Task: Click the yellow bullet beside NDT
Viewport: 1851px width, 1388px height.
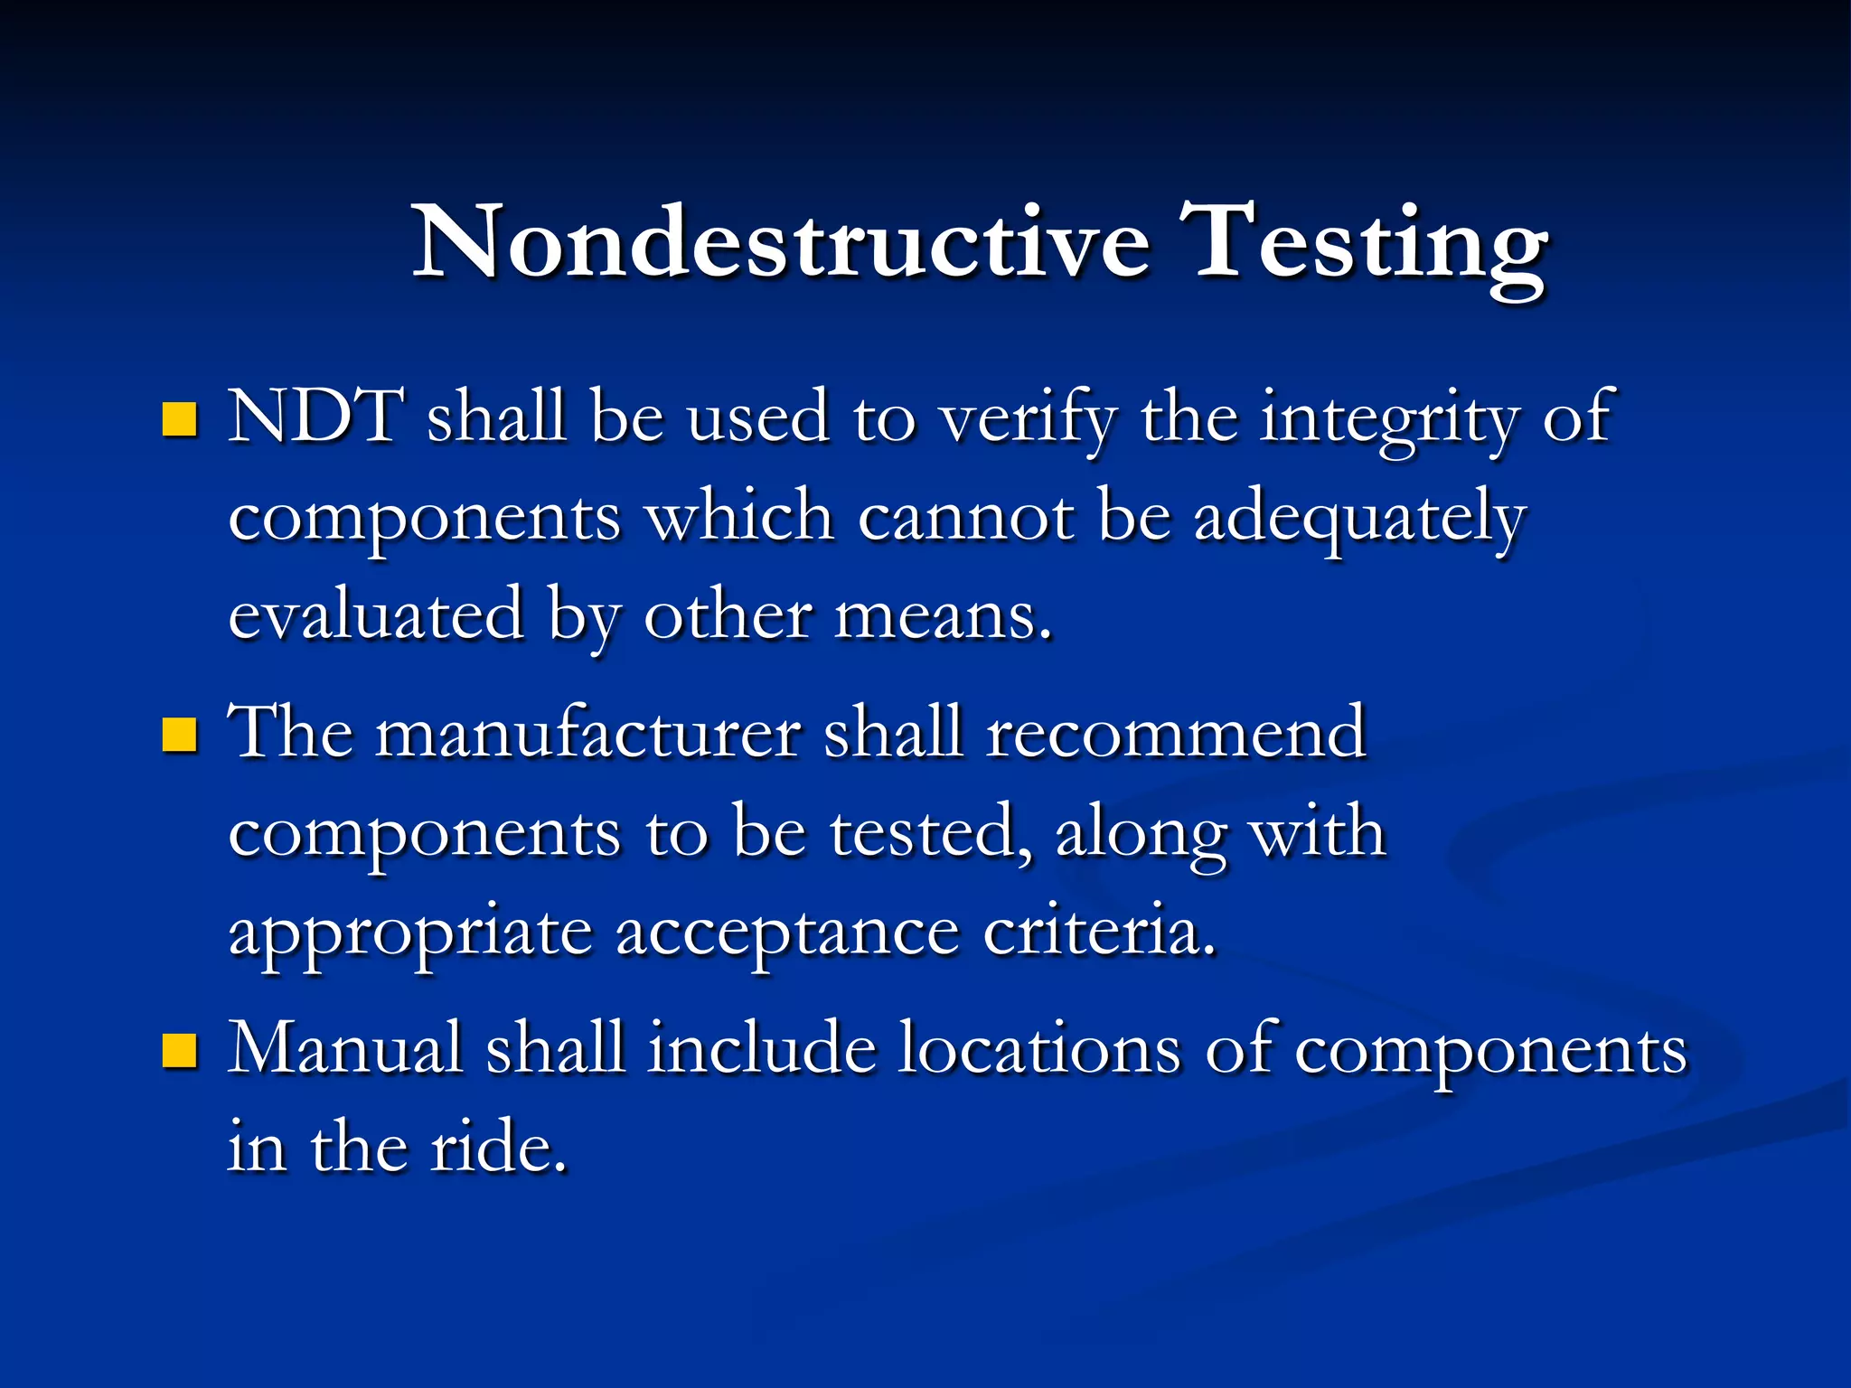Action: [x=180, y=420]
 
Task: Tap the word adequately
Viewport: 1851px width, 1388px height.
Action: [x=1359, y=520]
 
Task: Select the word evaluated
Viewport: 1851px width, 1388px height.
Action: [x=376, y=615]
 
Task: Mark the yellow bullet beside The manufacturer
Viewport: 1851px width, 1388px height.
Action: [x=180, y=735]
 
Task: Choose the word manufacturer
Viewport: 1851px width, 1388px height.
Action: [x=587, y=733]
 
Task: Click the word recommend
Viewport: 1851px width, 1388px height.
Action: [x=1176, y=733]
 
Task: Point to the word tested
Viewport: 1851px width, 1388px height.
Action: [x=930, y=832]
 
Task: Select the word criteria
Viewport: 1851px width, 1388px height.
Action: [x=1098, y=932]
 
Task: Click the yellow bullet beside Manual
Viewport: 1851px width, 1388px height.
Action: [x=180, y=1051]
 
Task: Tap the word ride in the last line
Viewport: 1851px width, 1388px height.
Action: [x=498, y=1147]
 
